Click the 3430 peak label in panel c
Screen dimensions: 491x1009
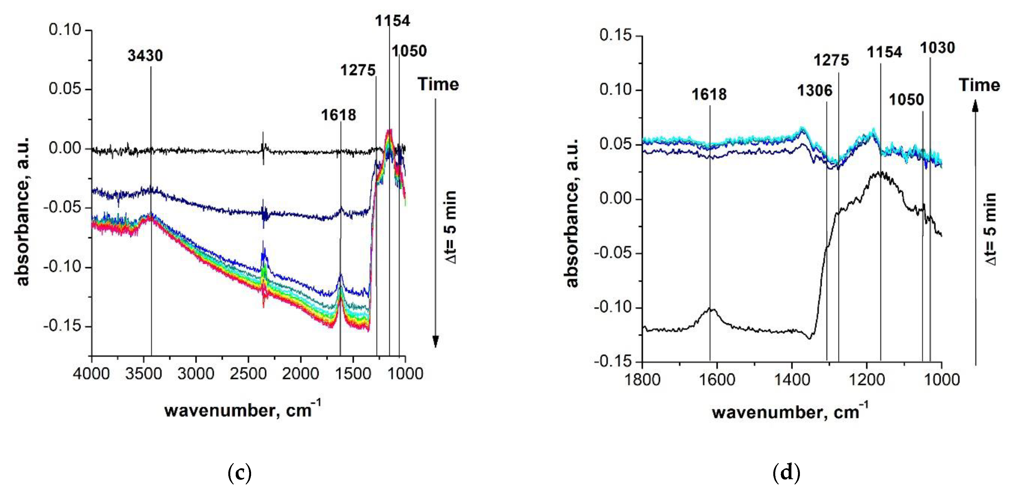pyautogui.click(x=145, y=56)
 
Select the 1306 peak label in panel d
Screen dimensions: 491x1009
pyautogui.click(x=815, y=91)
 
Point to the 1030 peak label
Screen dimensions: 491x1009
pyautogui.click(x=937, y=48)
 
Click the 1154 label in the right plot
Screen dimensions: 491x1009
pyautogui.click(x=884, y=52)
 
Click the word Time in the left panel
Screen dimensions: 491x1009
pyautogui.click(x=438, y=84)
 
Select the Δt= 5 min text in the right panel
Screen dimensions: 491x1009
pyautogui.click(x=990, y=229)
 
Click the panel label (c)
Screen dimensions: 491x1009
pyautogui.click(x=239, y=473)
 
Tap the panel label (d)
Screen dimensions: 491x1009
pyautogui.click(x=786, y=473)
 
